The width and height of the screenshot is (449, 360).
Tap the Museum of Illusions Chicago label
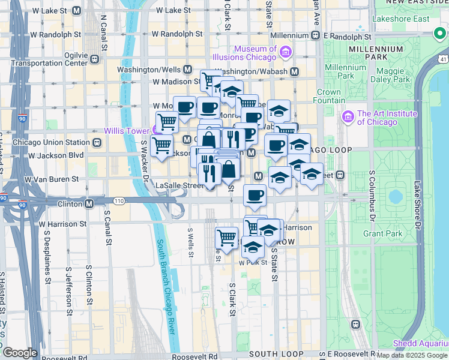pyautogui.click(x=255, y=53)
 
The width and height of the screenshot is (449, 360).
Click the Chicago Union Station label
pyautogui.click(x=52, y=142)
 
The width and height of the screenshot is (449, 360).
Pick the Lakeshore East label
pyautogui.click(x=409, y=19)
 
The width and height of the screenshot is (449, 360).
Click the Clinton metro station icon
pyautogui.click(x=89, y=203)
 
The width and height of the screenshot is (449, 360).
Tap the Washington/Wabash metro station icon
pyautogui.click(x=295, y=71)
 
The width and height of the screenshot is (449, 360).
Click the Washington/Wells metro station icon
pyautogui.click(x=187, y=70)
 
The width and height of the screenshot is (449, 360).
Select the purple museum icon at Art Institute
pyautogui.click(x=348, y=114)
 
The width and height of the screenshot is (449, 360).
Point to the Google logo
pyautogui.click(x=20, y=353)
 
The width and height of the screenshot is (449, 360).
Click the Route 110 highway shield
pyautogui.click(x=120, y=200)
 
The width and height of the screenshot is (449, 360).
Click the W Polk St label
pyautogui.click(x=252, y=263)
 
